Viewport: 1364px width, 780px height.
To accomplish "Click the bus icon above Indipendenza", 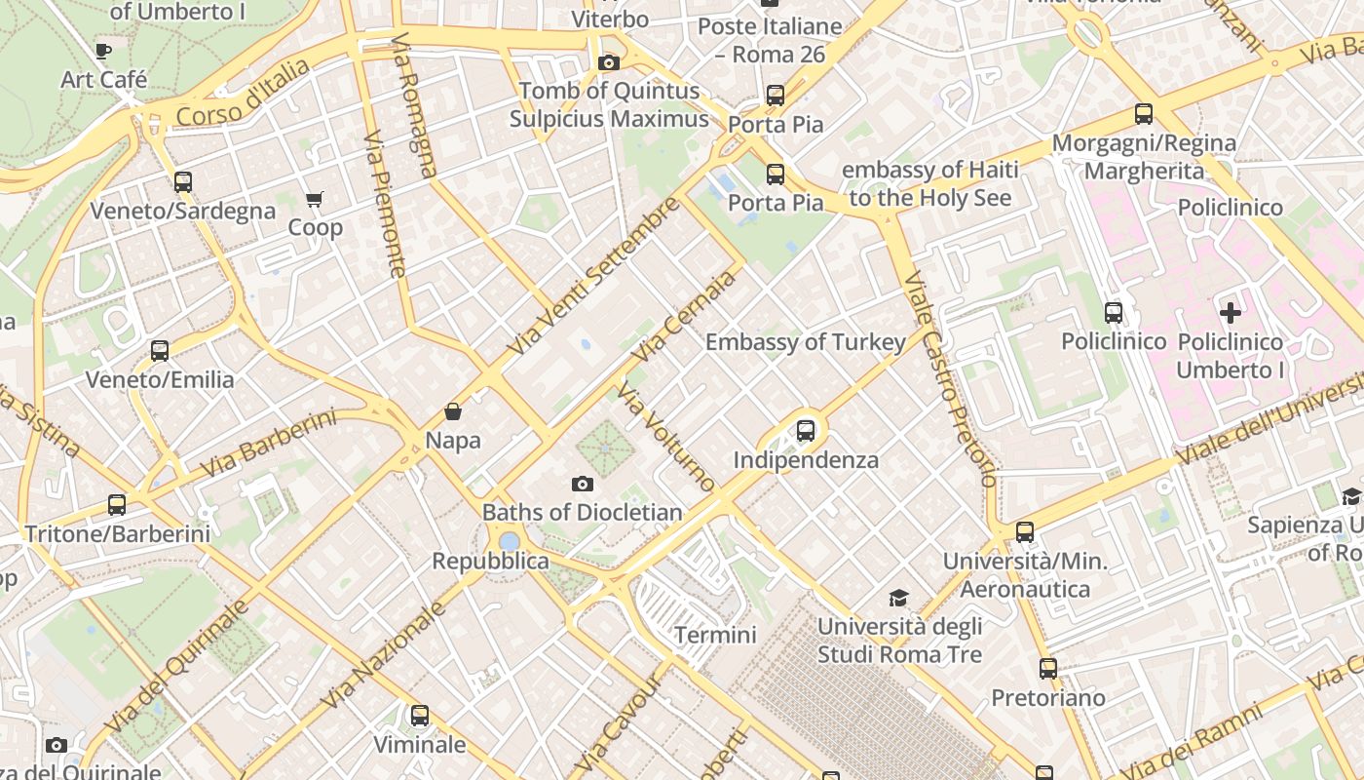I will [806, 430].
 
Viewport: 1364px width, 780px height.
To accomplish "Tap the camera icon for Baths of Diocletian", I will [582, 484].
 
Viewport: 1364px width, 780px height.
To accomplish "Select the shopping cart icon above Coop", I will [315, 199].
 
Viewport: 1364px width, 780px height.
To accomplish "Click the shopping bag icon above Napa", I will [453, 411].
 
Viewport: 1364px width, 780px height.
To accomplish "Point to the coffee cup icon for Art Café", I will [103, 51].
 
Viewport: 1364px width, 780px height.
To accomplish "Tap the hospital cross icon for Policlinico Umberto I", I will [1231, 313].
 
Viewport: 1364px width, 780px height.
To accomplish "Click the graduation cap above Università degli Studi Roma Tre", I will [898, 598].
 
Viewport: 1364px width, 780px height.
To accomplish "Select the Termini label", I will [715, 635].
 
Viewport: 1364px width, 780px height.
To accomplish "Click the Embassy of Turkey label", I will [805, 342].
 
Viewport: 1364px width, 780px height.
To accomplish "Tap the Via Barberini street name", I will [268, 444].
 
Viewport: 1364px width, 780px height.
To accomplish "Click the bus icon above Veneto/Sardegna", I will [182, 181].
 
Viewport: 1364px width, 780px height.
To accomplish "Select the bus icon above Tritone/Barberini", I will [117, 505].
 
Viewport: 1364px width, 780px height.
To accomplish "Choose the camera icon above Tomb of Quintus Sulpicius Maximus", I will [609, 62].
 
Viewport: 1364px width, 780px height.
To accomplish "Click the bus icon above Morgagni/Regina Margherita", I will [1144, 114].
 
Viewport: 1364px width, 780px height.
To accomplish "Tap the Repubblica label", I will [490, 562].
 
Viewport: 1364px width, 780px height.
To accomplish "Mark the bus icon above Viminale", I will [420, 716].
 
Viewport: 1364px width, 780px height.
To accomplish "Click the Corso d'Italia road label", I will [244, 94].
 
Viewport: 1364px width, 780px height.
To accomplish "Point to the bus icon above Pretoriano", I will [1048, 669].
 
